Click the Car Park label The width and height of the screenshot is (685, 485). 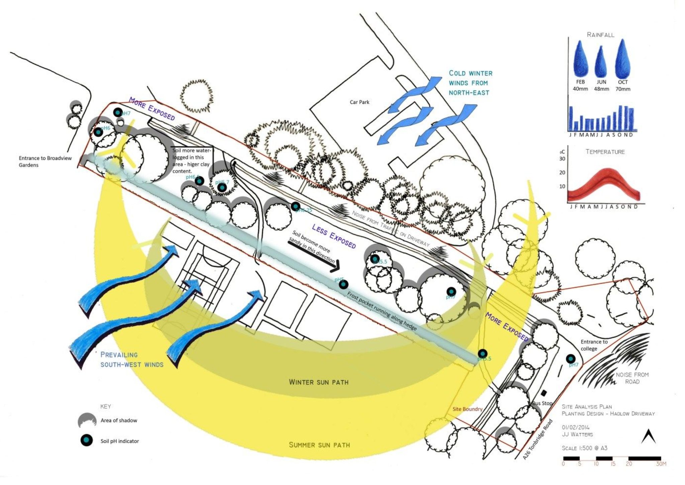click(359, 102)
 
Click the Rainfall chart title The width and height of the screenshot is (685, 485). click(600, 35)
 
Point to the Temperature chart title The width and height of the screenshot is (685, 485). click(605, 152)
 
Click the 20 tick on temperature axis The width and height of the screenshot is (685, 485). click(562, 172)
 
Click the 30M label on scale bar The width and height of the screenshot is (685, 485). click(661, 464)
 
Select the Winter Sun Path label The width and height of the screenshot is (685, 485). click(318, 382)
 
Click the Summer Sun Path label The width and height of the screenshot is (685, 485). click(319, 445)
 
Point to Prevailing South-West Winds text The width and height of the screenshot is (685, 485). click(132, 360)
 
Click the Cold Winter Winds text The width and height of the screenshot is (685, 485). click(470, 83)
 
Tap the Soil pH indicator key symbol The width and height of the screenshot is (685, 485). click(87, 440)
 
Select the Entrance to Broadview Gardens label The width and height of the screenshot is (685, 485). click(45, 161)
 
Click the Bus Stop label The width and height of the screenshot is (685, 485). click(542, 403)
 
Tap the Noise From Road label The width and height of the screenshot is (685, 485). click(632, 378)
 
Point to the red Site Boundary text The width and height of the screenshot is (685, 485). click(467, 409)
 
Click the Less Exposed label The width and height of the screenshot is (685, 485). click(333, 236)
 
